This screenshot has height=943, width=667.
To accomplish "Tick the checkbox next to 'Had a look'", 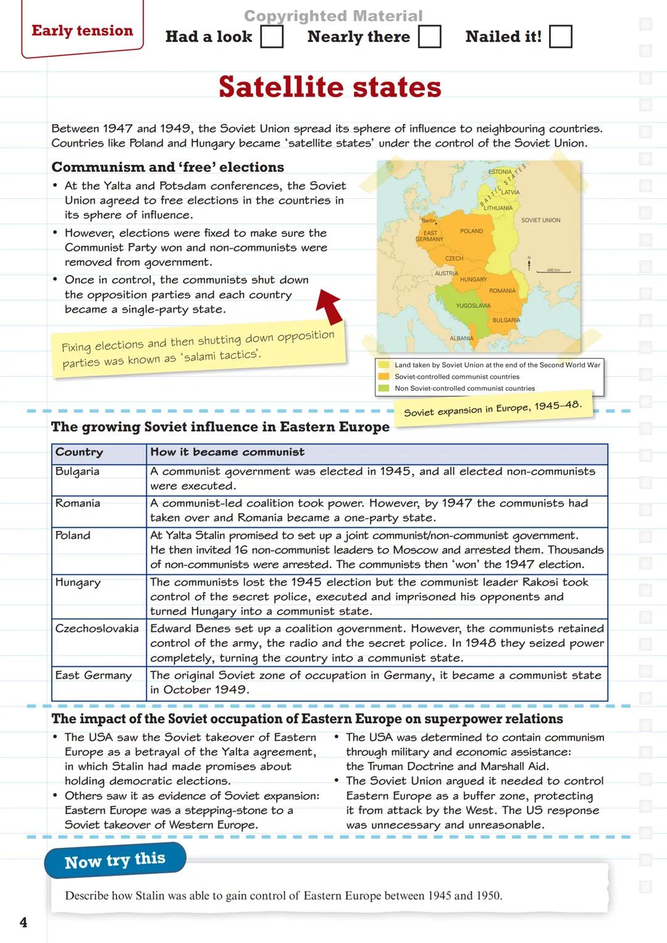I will click(x=272, y=37).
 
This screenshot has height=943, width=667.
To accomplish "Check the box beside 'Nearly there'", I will click(x=430, y=37).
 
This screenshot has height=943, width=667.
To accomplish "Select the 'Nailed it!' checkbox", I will click(x=560, y=37).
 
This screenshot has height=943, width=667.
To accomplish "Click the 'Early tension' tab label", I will click(x=82, y=31).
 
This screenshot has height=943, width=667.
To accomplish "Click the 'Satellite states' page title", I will click(x=330, y=87).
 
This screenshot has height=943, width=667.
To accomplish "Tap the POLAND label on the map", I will click(x=471, y=231).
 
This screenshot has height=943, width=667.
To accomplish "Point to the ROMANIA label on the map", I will click(x=502, y=291).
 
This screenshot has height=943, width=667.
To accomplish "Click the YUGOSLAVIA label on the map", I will click(x=473, y=306).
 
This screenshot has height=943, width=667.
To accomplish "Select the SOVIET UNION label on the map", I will click(x=540, y=220).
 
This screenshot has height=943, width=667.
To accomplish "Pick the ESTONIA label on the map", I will click(x=500, y=172).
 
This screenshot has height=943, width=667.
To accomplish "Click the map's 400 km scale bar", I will click(x=553, y=270).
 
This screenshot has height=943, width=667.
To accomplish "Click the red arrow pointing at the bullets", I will click(x=329, y=306).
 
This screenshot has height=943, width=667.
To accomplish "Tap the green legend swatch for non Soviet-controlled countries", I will click(x=384, y=388).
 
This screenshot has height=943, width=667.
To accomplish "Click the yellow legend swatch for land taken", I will click(x=384, y=365).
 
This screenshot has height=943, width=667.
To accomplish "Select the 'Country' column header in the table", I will click(x=79, y=452).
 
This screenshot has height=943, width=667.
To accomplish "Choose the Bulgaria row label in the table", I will click(x=77, y=472).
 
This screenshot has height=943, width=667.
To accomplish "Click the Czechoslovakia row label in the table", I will click(x=97, y=629).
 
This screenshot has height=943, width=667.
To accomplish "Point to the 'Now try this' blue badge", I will click(x=115, y=860).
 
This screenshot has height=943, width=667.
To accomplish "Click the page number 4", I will click(x=23, y=923).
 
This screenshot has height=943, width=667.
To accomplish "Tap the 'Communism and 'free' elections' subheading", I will click(x=168, y=167).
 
